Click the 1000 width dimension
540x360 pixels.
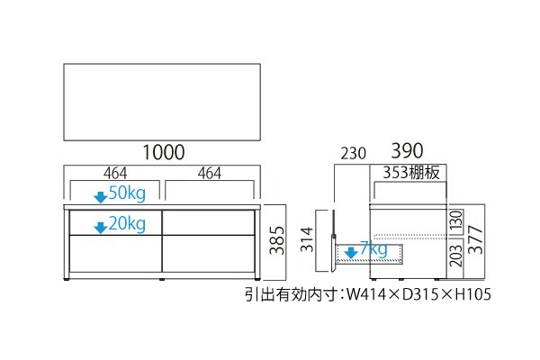click(x=164, y=152)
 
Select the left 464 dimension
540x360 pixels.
click(x=115, y=174)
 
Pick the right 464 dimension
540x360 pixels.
click(x=210, y=174)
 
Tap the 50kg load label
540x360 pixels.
click(x=127, y=193)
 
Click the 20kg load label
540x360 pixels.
click(x=127, y=224)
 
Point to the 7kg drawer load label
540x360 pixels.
click(x=373, y=248)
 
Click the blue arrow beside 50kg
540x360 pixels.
click(x=101, y=198)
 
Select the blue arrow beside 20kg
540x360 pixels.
click(x=101, y=228)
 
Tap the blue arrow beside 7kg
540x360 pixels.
click(x=351, y=253)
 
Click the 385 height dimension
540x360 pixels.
click(x=277, y=240)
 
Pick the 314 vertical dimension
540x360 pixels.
click(x=307, y=239)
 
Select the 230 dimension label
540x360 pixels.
click(x=354, y=154)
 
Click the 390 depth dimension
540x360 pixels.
click(x=407, y=151)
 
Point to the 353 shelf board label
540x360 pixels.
click(x=411, y=172)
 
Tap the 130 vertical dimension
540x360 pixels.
click(x=455, y=222)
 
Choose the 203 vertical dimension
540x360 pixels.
click(x=455, y=256)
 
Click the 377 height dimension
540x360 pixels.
click(x=476, y=239)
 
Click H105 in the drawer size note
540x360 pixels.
click(x=473, y=294)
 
